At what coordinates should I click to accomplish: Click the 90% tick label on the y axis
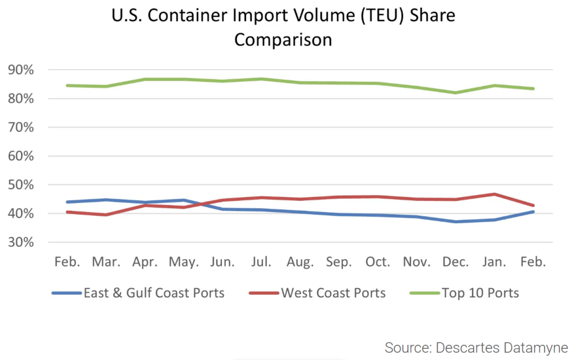tap(21, 70)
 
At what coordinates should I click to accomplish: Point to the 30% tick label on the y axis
tap(21, 243)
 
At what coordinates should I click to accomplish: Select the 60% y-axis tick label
tap(21, 156)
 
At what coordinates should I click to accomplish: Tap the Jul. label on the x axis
tap(262, 262)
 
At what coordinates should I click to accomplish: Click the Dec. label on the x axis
tap(456, 262)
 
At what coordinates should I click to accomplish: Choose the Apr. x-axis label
tap(145, 262)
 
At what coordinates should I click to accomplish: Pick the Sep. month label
tap(339, 262)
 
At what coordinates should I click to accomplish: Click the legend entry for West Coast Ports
tap(333, 293)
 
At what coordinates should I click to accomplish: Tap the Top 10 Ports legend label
tap(480, 293)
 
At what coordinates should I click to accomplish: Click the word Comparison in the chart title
tap(283, 40)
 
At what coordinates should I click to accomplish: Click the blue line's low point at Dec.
tap(456, 221)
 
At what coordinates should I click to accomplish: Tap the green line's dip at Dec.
tap(456, 93)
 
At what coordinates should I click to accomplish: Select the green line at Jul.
tap(262, 79)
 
